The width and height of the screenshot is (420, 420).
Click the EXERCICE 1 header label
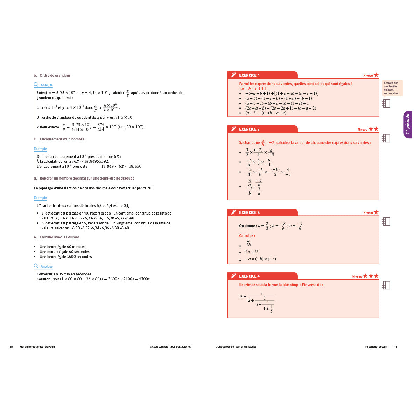pos(249,75)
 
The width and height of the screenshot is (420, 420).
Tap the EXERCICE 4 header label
pos(249,276)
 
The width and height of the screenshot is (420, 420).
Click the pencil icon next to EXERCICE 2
pos(233,129)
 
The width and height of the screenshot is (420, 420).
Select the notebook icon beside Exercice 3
pos(386,222)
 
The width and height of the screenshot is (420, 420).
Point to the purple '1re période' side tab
pos(407,124)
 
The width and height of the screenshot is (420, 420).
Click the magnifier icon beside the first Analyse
pos(36,85)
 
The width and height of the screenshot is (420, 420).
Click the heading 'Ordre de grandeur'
pos(55,75)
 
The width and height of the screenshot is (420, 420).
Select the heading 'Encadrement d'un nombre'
pos(62,139)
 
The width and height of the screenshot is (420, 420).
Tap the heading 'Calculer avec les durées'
pos(59,237)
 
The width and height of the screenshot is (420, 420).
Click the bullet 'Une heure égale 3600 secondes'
pos(66,257)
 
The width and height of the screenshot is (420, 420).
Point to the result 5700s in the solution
pos(144,279)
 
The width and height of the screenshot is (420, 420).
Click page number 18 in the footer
pos(11,347)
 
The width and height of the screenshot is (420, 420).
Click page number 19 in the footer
pos(395,347)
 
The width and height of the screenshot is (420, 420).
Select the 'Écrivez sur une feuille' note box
pos(392,88)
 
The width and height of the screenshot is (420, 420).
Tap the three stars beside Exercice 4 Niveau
pos(371,276)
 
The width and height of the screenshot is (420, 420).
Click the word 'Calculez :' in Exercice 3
pos(247,236)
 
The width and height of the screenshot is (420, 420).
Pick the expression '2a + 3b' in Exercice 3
pos(252,252)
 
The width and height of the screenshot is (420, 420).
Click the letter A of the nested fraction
pos(241,296)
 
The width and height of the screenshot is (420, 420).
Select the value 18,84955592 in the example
pos(97,161)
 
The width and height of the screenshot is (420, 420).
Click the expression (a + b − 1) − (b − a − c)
pos(266,113)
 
